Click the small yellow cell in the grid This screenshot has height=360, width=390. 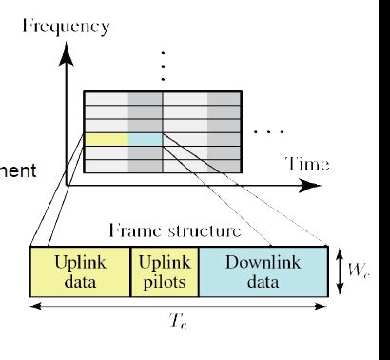[106, 140]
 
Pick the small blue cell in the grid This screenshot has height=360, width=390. [146, 140]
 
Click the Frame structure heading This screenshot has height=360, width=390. [174, 230]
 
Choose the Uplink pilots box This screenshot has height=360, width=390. [164, 270]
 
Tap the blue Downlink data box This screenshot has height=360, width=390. [263, 270]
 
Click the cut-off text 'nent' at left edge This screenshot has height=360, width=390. [19, 171]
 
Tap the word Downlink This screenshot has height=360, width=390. [263, 261]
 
